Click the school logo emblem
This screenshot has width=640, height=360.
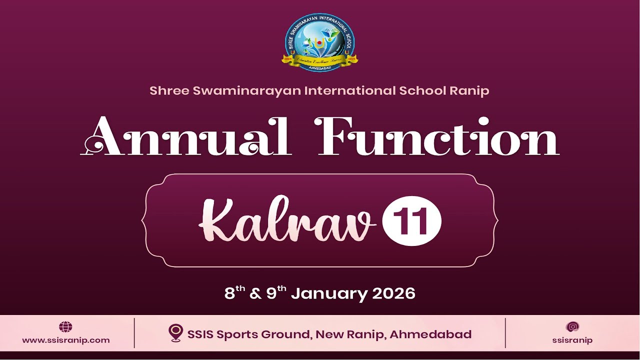(320, 42)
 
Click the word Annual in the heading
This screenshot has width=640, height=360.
(186, 138)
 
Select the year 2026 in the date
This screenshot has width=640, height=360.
(393, 293)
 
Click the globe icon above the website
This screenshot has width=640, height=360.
(65, 327)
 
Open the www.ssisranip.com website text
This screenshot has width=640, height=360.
(65, 340)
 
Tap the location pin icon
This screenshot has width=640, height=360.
(175, 333)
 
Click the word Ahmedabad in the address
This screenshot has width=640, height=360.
(430, 334)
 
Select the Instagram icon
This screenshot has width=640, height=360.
(572, 327)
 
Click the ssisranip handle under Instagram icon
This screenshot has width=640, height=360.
(572, 340)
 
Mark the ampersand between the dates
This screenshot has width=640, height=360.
(255, 293)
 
